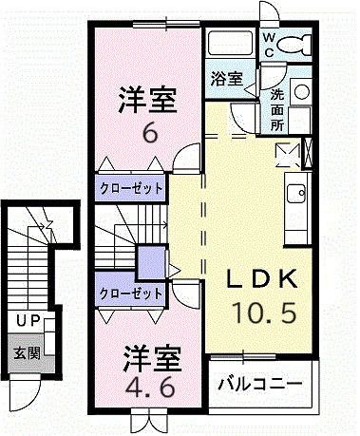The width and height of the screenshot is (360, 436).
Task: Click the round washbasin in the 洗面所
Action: (x=301, y=91)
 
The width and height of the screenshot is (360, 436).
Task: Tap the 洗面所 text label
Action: (x=276, y=109)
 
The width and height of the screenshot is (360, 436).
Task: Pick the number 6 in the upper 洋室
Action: (x=148, y=133)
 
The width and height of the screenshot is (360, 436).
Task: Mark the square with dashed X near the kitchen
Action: (x=287, y=153)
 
